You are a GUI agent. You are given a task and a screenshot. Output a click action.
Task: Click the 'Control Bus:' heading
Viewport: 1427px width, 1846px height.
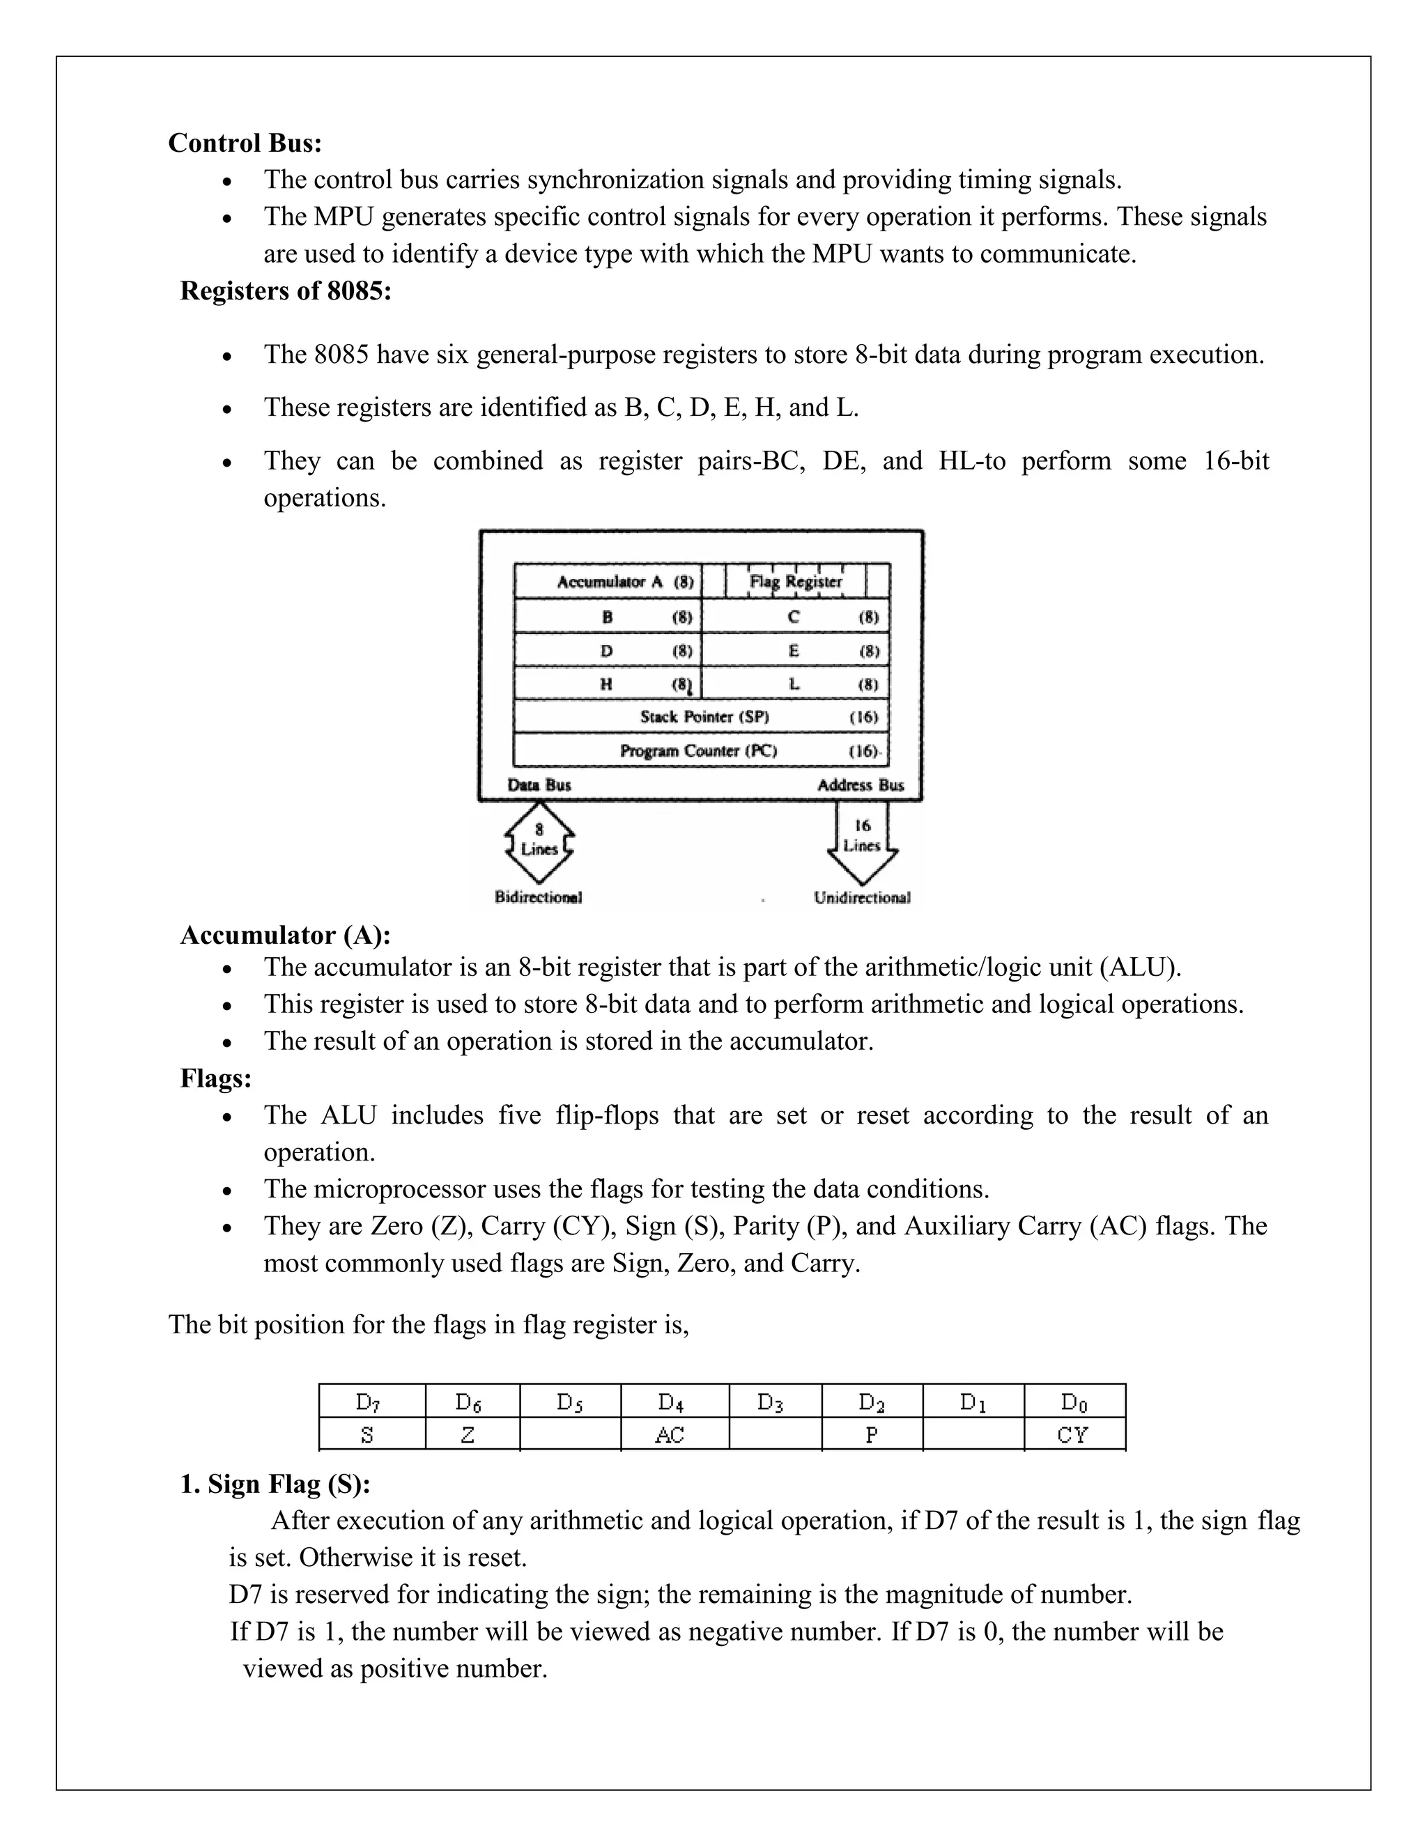[245, 143]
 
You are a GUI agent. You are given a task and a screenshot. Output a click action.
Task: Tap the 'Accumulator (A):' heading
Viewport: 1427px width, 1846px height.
[285, 935]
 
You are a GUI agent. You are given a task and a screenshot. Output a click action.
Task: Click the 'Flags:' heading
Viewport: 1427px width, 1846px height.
[215, 1078]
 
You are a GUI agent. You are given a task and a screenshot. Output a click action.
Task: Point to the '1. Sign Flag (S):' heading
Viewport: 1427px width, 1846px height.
[275, 1484]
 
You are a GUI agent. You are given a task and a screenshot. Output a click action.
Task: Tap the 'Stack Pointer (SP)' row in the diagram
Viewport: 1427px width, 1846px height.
[702, 717]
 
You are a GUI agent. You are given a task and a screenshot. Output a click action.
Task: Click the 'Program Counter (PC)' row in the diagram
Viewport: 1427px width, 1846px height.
[702, 750]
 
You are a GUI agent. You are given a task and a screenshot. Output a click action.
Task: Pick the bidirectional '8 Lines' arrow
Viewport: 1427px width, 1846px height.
[539, 840]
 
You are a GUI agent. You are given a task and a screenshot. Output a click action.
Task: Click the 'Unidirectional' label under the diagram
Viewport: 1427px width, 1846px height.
[861, 898]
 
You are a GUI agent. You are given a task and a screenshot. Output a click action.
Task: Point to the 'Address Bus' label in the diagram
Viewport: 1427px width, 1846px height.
[860, 785]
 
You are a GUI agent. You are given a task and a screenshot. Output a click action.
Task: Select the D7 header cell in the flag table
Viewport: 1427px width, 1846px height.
[371, 1402]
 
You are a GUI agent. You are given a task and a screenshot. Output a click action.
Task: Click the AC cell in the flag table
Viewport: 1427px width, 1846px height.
[674, 1434]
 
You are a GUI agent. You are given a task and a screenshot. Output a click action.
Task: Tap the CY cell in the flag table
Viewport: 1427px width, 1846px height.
[1074, 1434]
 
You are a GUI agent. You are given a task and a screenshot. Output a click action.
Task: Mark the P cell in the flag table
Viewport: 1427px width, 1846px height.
[872, 1434]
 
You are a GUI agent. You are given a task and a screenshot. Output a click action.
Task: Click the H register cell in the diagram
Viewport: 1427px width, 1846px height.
[608, 684]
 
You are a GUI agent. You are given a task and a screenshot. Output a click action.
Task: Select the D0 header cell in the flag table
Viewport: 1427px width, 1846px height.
[1074, 1402]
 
